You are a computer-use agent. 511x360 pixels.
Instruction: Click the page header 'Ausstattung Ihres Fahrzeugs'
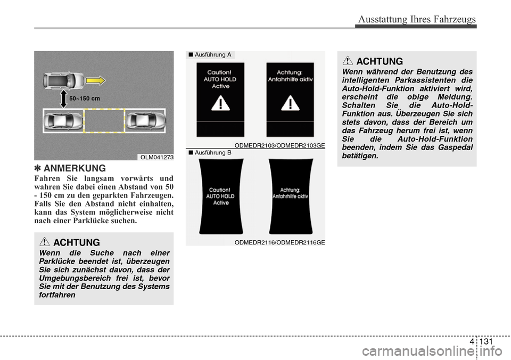point(417,19)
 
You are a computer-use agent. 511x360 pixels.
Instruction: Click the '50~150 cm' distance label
point(85,99)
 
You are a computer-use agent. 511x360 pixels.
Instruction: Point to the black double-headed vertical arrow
point(63,99)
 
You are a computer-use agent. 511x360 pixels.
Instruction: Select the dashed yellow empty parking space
point(104,121)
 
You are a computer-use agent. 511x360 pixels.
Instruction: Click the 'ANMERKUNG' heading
point(75,169)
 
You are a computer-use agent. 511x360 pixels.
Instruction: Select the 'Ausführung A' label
point(212,55)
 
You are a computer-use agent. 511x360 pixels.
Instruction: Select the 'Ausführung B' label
point(212,153)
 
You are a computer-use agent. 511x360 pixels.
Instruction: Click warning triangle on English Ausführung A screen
point(220,104)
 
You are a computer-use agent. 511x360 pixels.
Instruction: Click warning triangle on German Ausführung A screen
point(290,104)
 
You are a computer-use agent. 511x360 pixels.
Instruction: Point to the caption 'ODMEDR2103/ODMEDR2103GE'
point(279,145)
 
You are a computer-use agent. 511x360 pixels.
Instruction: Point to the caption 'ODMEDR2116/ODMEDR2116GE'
point(279,242)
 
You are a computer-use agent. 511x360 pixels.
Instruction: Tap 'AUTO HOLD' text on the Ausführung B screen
point(220,196)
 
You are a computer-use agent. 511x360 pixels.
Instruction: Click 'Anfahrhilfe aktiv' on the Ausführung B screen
point(290,196)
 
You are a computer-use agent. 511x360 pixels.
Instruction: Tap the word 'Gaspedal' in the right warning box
point(452,147)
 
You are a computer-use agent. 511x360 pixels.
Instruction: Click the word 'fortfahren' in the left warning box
point(57,294)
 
